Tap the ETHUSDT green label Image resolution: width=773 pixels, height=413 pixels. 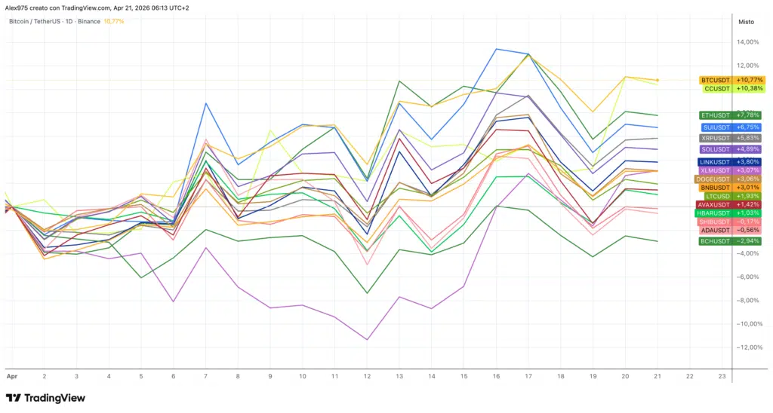pos(730,115)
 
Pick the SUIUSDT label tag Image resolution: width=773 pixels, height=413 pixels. pos(730,127)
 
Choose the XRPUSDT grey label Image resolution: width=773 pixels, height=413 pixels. pos(730,139)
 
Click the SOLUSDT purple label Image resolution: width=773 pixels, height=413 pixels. pos(730,149)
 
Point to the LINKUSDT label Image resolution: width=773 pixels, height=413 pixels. pos(730,162)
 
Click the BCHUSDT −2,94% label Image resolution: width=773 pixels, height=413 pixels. pos(730,241)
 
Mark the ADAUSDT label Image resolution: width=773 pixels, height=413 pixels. pos(730,230)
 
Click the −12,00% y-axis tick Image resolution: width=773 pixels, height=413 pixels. pos(747,347)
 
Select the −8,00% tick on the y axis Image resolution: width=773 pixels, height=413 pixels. pos(748,301)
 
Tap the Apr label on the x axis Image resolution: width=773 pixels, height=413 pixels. pos(11,375)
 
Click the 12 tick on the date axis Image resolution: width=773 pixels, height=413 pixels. pos(367,375)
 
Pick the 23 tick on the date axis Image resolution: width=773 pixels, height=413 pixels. pos(722,375)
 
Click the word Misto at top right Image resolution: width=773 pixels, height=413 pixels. pos(745,22)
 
